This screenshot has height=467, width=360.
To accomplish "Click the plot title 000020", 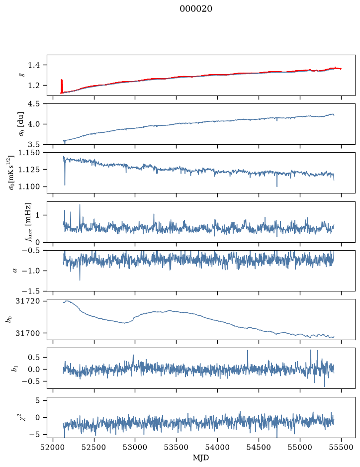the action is coord(196,9).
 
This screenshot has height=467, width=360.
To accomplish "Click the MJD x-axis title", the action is coord(201,458).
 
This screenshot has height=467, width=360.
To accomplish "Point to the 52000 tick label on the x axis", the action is coord(53,447).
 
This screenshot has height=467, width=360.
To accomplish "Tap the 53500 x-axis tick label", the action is coord(177,447).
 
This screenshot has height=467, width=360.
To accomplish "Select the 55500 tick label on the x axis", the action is coord(341,447).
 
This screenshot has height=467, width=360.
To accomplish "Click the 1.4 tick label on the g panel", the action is coord(34,65).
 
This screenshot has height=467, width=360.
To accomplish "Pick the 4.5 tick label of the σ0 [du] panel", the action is coord(34,104).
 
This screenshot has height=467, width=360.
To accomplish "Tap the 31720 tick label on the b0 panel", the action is coord(27,301).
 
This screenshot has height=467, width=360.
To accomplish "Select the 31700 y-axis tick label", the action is coord(27,333).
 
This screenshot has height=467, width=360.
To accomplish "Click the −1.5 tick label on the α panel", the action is coord(31,291).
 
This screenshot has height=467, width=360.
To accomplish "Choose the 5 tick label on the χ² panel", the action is coord(37,400).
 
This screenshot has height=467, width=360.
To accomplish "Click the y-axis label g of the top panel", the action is coord(22,75).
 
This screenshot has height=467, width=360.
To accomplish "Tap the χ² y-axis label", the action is coord(22,416).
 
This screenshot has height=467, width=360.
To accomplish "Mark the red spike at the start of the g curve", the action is coord(62,86).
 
